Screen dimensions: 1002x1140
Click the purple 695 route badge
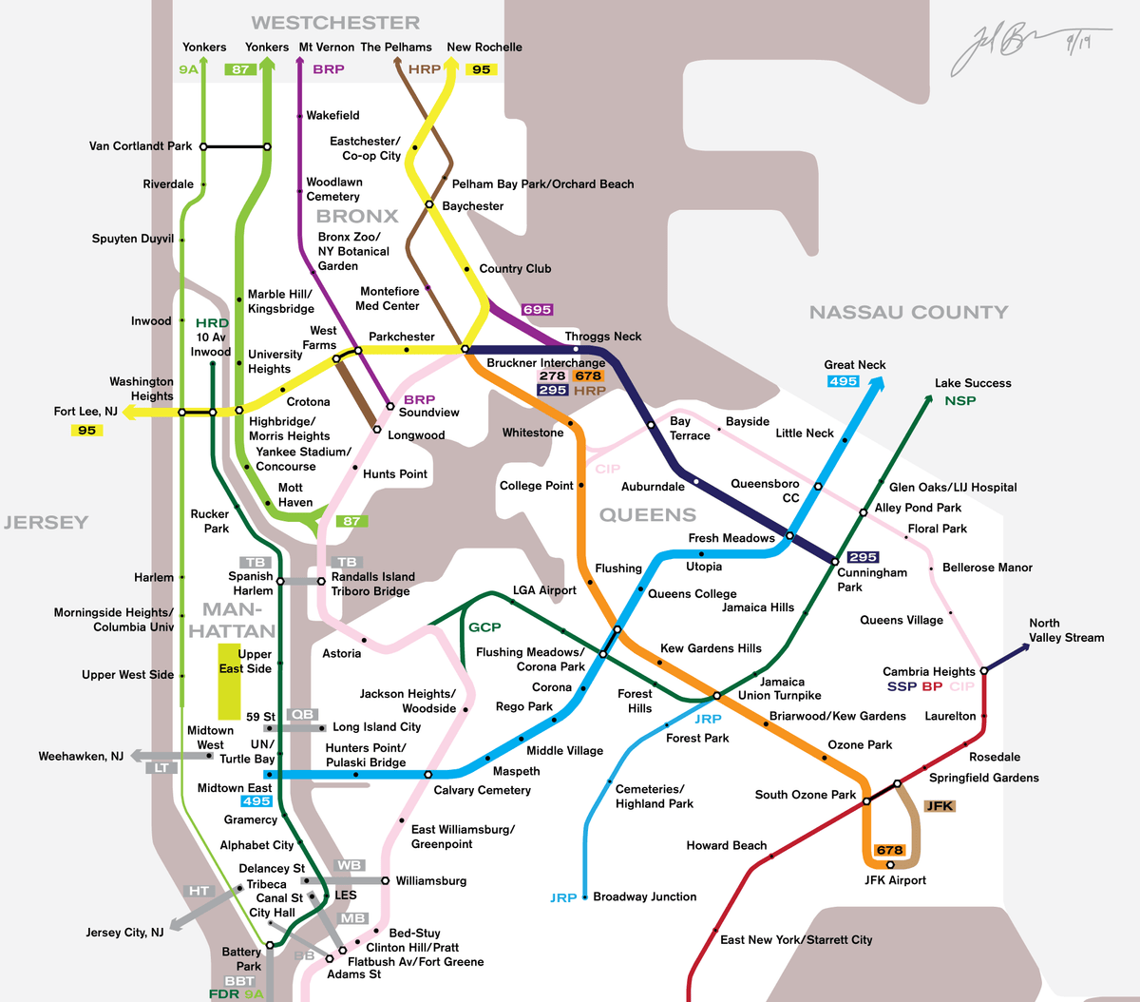point(537,310)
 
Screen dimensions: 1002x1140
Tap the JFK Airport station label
point(895,880)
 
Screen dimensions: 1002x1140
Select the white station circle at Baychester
point(429,204)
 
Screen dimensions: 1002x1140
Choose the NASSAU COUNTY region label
point(908,312)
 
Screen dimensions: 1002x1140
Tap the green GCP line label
point(484,627)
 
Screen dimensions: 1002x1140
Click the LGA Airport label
point(544,590)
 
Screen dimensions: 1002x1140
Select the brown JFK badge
point(940,806)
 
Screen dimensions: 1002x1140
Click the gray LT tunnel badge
point(162,768)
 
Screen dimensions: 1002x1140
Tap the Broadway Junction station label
point(644,896)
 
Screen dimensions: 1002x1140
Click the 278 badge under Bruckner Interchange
point(552,376)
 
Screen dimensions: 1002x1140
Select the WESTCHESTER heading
point(335,23)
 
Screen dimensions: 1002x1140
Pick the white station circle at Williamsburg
point(385,881)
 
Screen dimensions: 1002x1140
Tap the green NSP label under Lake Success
point(959,401)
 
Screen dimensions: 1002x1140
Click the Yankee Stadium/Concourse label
point(303,459)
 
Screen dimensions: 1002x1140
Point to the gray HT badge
point(199,891)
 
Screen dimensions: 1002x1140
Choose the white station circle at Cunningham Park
point(836,562)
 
